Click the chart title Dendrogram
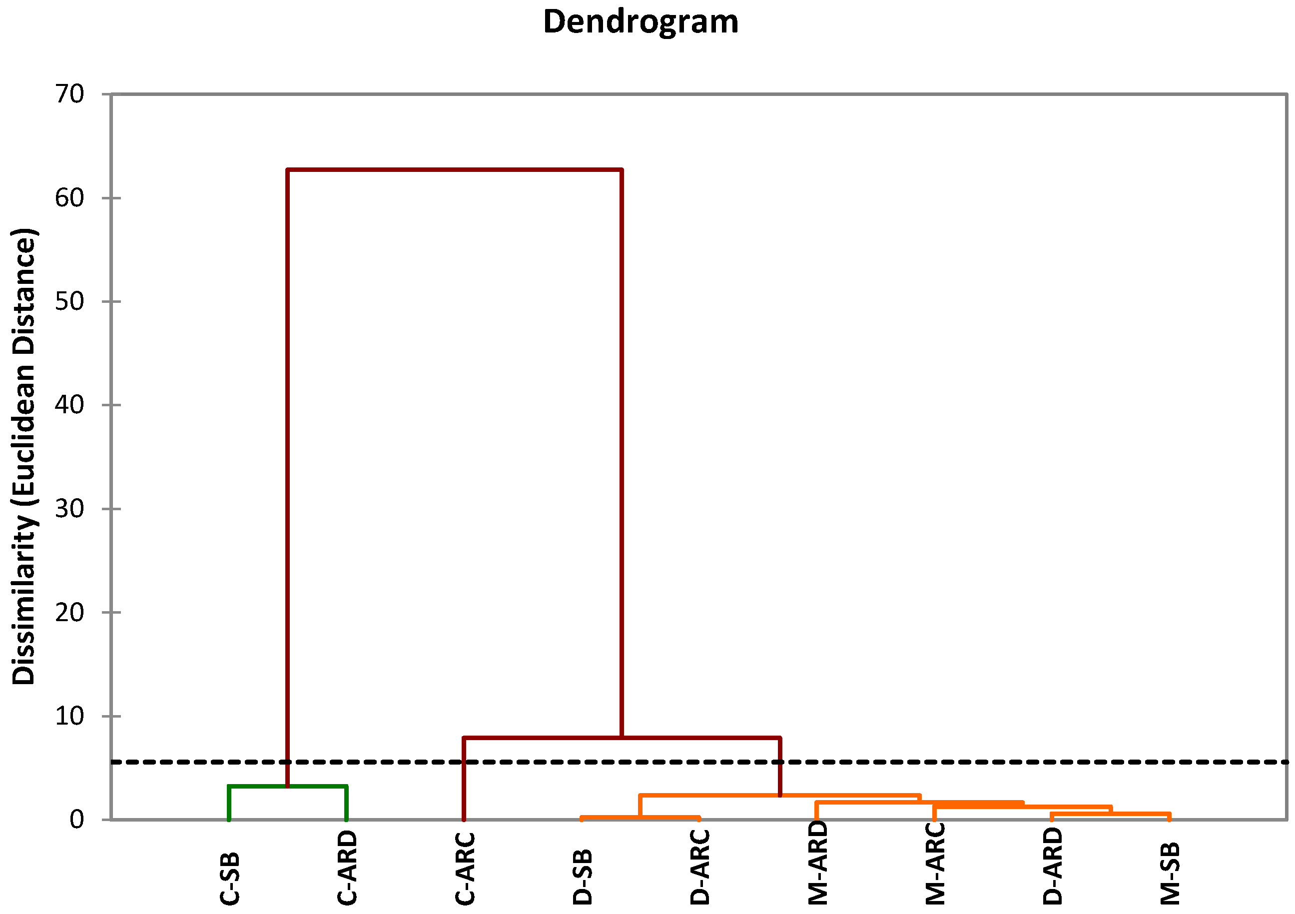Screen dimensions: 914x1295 [640, 22]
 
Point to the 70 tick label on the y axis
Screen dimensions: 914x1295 [69, 94]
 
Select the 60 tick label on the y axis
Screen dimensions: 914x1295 [69, 198]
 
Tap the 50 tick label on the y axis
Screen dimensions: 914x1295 [69, 301]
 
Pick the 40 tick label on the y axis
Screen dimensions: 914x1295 [69, 405]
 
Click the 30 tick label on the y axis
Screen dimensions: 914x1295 [69, 508]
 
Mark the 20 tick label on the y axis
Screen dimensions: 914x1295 [69, 612]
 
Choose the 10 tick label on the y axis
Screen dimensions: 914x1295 [69, 716]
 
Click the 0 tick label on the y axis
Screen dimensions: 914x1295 [77, 819]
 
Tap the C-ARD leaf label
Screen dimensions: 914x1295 [347, 868]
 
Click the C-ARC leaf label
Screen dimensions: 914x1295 [465, 869]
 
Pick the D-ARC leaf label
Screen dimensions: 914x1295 [700, 868]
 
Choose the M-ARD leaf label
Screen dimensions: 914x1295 [818, 863]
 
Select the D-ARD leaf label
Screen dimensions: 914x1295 [1053, 867]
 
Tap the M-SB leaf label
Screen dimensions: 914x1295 [1171, 874]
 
